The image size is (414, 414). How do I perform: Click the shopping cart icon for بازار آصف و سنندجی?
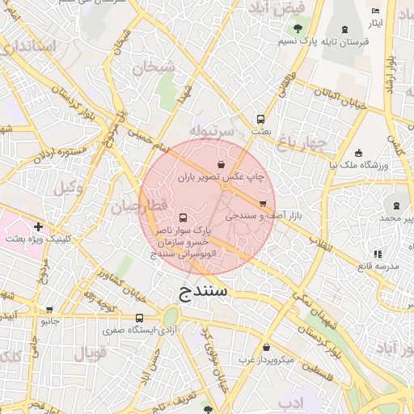click(x=263, y=204)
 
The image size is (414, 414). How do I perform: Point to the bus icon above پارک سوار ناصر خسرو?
click(x=183, y=218)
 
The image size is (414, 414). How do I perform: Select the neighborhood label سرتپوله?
click(x=212, y=129)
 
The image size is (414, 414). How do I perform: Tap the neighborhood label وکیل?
click(x=70, y=188)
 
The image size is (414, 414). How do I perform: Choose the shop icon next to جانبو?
click(x=50, y=309)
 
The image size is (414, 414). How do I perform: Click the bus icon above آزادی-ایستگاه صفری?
click(x=140, y=318)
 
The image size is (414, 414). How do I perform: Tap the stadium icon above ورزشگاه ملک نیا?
click(x=358, y=153)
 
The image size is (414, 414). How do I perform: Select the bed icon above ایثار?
click(x=374, y=11)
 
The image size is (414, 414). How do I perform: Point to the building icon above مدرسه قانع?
click(x=377, y=254)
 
